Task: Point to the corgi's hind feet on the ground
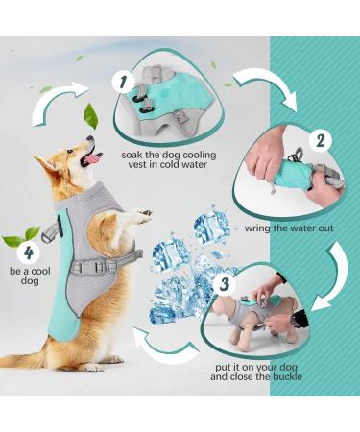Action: click(x=92, y=364)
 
